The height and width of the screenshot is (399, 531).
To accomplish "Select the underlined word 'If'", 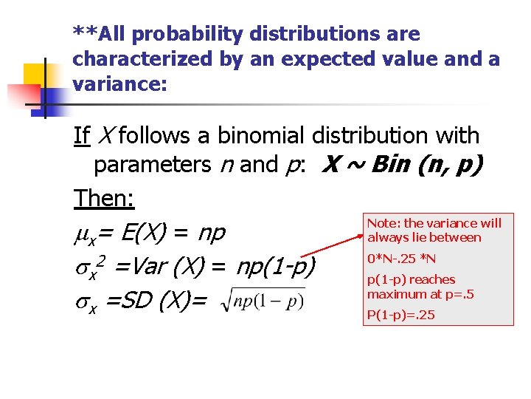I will point(81,136).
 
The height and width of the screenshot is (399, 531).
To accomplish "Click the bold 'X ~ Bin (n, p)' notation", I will point(402,164).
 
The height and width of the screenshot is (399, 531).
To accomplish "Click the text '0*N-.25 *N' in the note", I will point(402,259).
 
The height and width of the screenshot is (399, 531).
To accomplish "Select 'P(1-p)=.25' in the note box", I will point(401,316).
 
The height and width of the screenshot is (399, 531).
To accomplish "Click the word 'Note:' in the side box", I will point(383,223).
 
